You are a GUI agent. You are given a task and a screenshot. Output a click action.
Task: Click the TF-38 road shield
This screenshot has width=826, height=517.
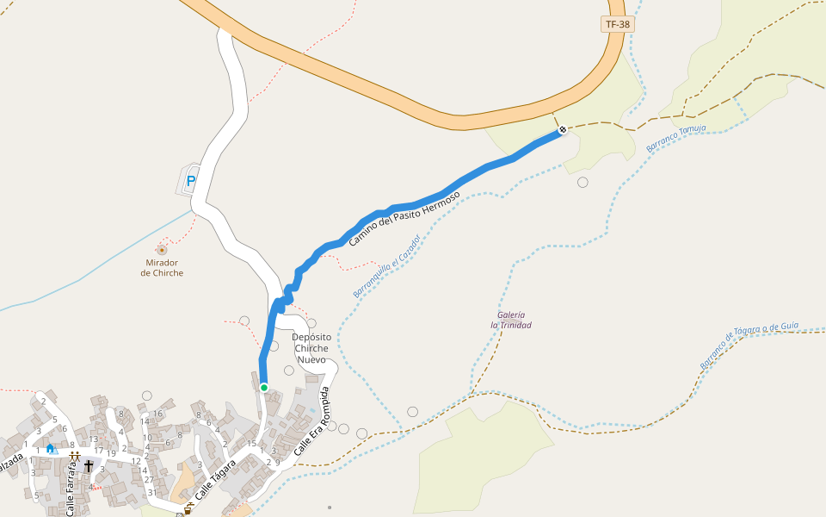(618, 24)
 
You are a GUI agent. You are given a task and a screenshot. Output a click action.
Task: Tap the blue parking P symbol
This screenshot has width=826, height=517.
(191, 182)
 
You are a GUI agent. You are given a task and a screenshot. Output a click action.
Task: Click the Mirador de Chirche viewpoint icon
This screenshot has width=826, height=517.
(162, 250)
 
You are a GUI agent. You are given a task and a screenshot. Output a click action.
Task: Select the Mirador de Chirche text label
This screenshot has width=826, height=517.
(162, 267)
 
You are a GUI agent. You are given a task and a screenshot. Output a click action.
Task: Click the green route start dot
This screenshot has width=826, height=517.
(264, 387)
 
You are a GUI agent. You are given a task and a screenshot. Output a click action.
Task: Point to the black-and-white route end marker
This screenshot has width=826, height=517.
(563, 130)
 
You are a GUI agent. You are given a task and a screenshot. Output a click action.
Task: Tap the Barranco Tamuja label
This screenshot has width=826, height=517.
(676, 139)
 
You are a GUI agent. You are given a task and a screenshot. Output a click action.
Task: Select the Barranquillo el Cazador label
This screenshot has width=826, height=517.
(386, 266)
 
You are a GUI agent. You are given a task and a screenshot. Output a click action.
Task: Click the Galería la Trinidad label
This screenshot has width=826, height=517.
(511, 320)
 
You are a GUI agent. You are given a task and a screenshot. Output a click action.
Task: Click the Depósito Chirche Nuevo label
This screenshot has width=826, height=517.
(311, 348)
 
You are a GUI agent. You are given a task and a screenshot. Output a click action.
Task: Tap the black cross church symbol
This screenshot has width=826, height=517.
(88, 466)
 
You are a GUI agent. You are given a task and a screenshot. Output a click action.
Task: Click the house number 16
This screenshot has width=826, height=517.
(158, 414)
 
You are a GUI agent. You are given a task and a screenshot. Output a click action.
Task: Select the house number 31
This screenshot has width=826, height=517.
(151, 493)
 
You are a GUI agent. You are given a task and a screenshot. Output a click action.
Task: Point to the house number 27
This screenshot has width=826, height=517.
(149, 480)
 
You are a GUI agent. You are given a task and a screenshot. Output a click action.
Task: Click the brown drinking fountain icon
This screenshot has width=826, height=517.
(188, 511)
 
